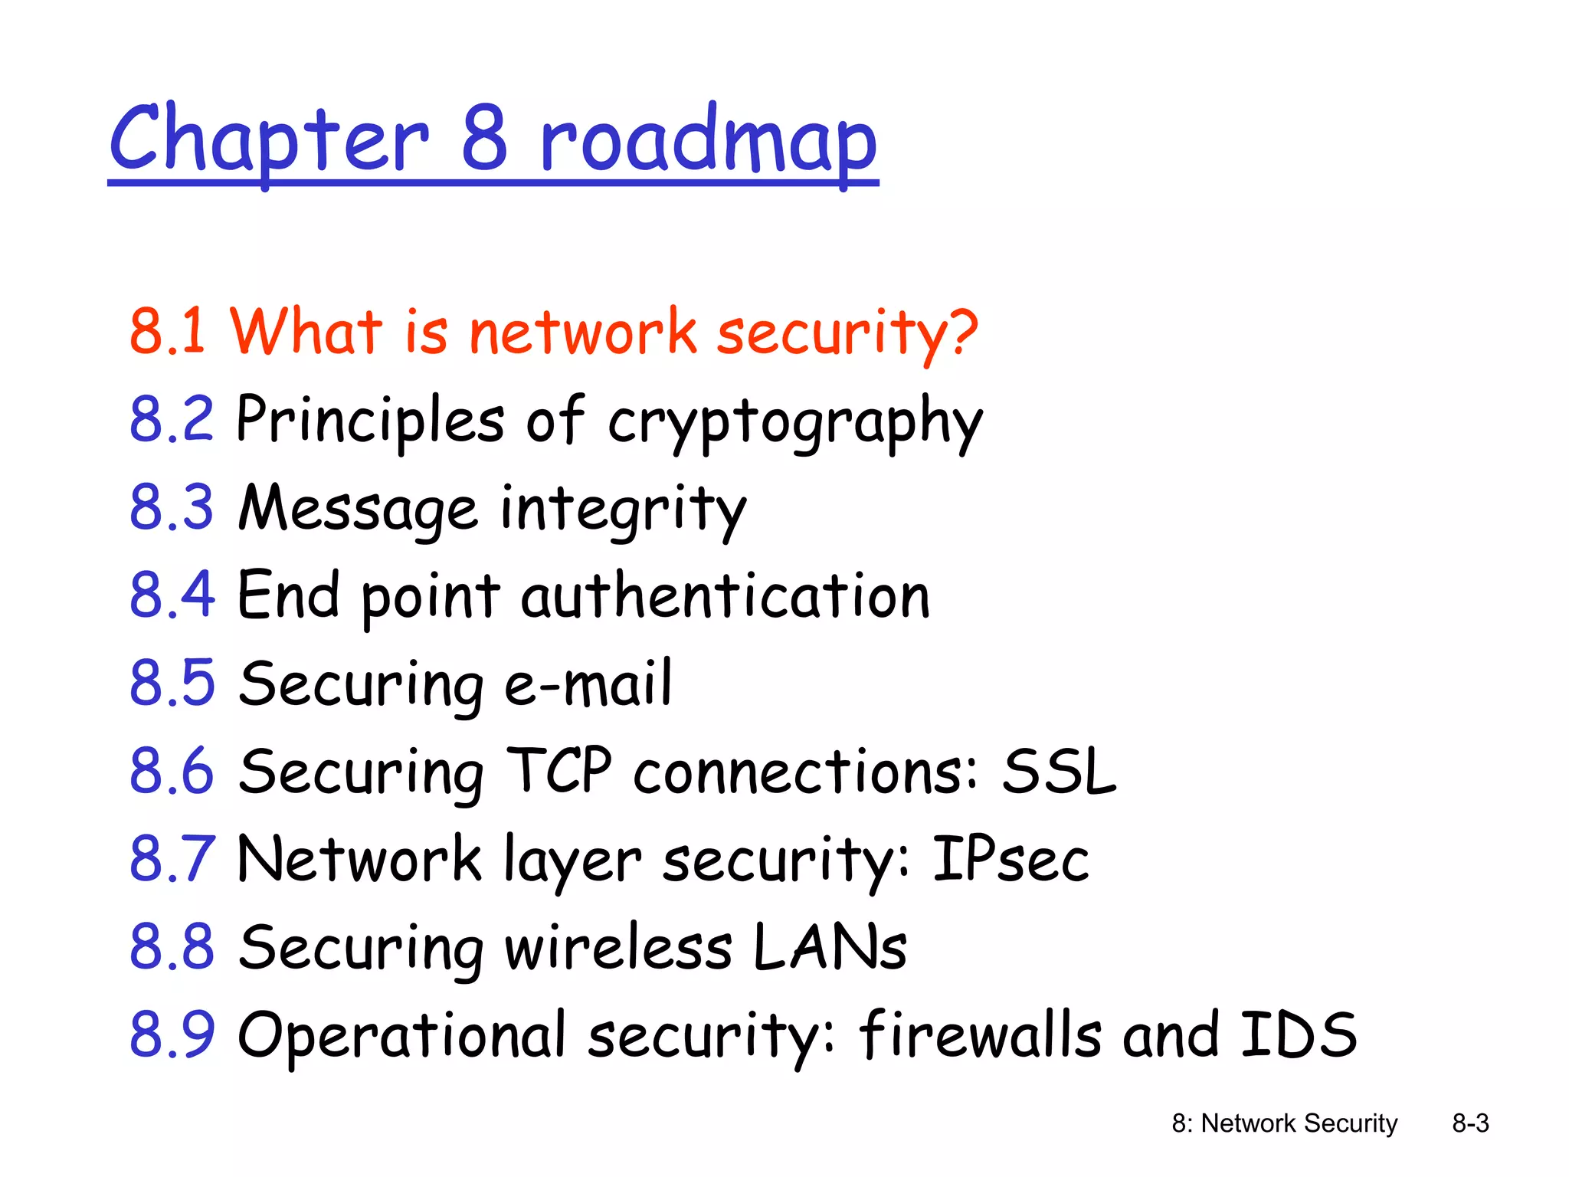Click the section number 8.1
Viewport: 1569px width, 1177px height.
point(168,331)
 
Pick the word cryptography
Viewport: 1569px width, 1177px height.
point(794,421)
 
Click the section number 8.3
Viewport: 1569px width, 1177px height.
point(172,507)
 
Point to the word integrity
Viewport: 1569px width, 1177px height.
point(623,510)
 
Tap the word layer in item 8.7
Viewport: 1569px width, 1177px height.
point(572,861)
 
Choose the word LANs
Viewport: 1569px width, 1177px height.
point(830,947)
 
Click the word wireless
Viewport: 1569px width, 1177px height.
point(617,947)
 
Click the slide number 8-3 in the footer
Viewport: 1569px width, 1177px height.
point(1470,1123)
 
